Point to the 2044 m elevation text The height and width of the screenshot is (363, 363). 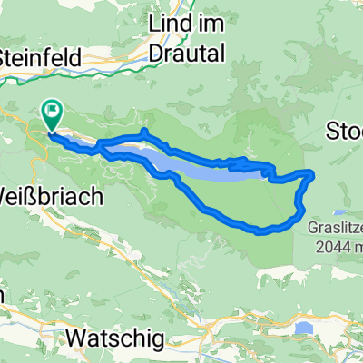click(x=337, y=246)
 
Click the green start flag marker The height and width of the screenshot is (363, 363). click(x=53, y=114)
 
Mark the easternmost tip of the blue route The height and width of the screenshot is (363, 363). click(x=314, y=172)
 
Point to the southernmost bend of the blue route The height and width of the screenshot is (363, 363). click(x=263, y=232)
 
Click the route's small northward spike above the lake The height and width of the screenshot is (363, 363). click(x=143, y=132)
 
